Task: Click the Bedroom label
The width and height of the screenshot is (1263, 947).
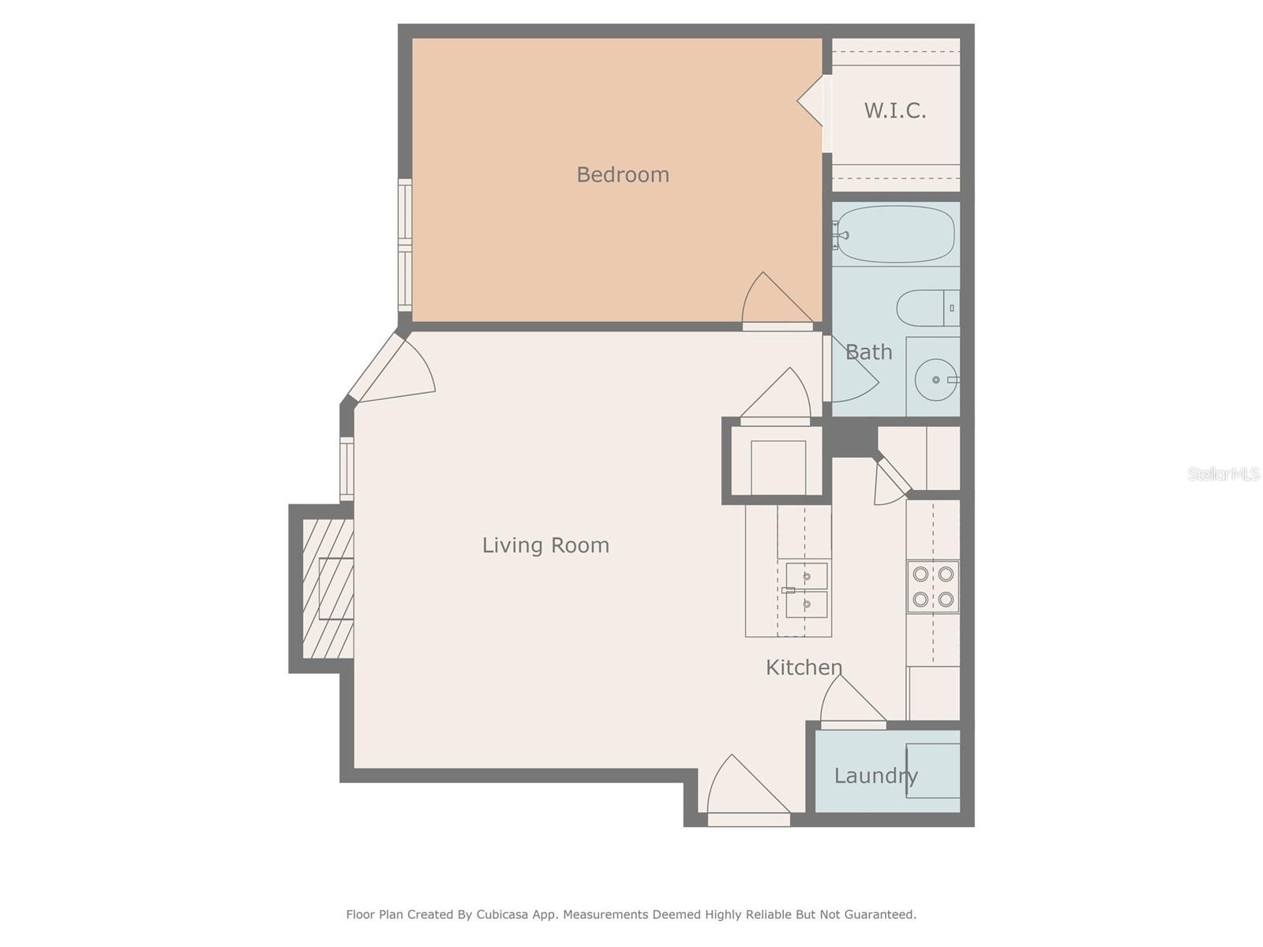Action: click(x=622, y=174)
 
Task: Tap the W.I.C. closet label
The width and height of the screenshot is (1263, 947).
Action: click(x=894, y=110)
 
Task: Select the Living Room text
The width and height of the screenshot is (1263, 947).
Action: click(x=545, y=545)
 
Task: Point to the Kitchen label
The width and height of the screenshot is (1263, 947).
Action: click(x=804, y=668)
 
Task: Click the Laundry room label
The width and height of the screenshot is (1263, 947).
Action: click(x=875, y=776)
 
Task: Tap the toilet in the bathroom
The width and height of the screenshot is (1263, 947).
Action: click(x=927, y=308)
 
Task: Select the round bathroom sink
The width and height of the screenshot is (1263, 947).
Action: click(x=935, y=380)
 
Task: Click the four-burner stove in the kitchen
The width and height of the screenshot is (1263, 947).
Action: click(x=933, y=587)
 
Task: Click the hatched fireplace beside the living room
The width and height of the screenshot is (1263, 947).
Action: click(x=328, y=588)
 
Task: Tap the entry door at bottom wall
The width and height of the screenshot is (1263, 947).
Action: click(x=746, y=789)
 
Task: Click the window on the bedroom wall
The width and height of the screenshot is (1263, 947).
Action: click(x=405, y=245)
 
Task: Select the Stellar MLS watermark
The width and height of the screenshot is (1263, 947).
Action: click(x=1223, y=473)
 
